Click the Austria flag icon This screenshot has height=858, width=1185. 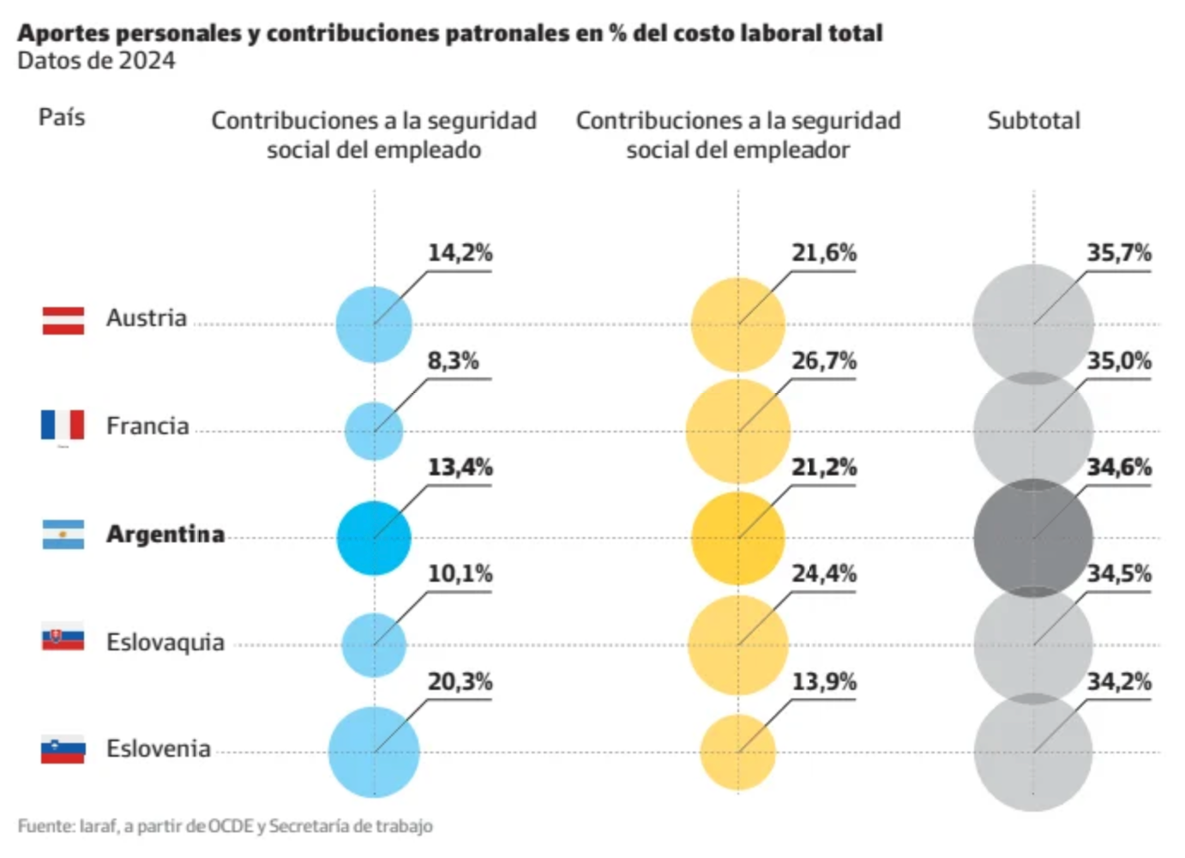click(63, 320)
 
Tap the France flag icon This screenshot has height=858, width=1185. click(63, 425)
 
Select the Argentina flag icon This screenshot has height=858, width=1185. click(63, 534)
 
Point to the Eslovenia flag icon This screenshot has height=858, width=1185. click(63, 749)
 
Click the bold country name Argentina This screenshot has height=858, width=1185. click(165, 534)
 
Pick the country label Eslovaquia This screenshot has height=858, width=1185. click(165, 642)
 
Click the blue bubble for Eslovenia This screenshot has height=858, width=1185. click(374, 752)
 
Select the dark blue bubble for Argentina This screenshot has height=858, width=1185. click(374, 538)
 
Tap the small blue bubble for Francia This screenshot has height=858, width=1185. click(374, 431)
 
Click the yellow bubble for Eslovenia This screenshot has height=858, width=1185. click(737, 752)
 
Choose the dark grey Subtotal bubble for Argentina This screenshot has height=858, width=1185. click(1033, 538)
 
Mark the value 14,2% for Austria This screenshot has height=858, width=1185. click(460, 253)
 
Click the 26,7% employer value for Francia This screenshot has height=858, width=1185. click(823, 360)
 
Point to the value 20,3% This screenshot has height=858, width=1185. click(460, 682)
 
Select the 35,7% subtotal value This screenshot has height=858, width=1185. click(1118, 253)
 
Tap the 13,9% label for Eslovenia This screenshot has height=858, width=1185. click(823, 682)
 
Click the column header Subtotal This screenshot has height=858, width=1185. click(1033, 121)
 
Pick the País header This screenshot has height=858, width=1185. click(62, 118)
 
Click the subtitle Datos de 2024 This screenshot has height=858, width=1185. click(96, 61)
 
